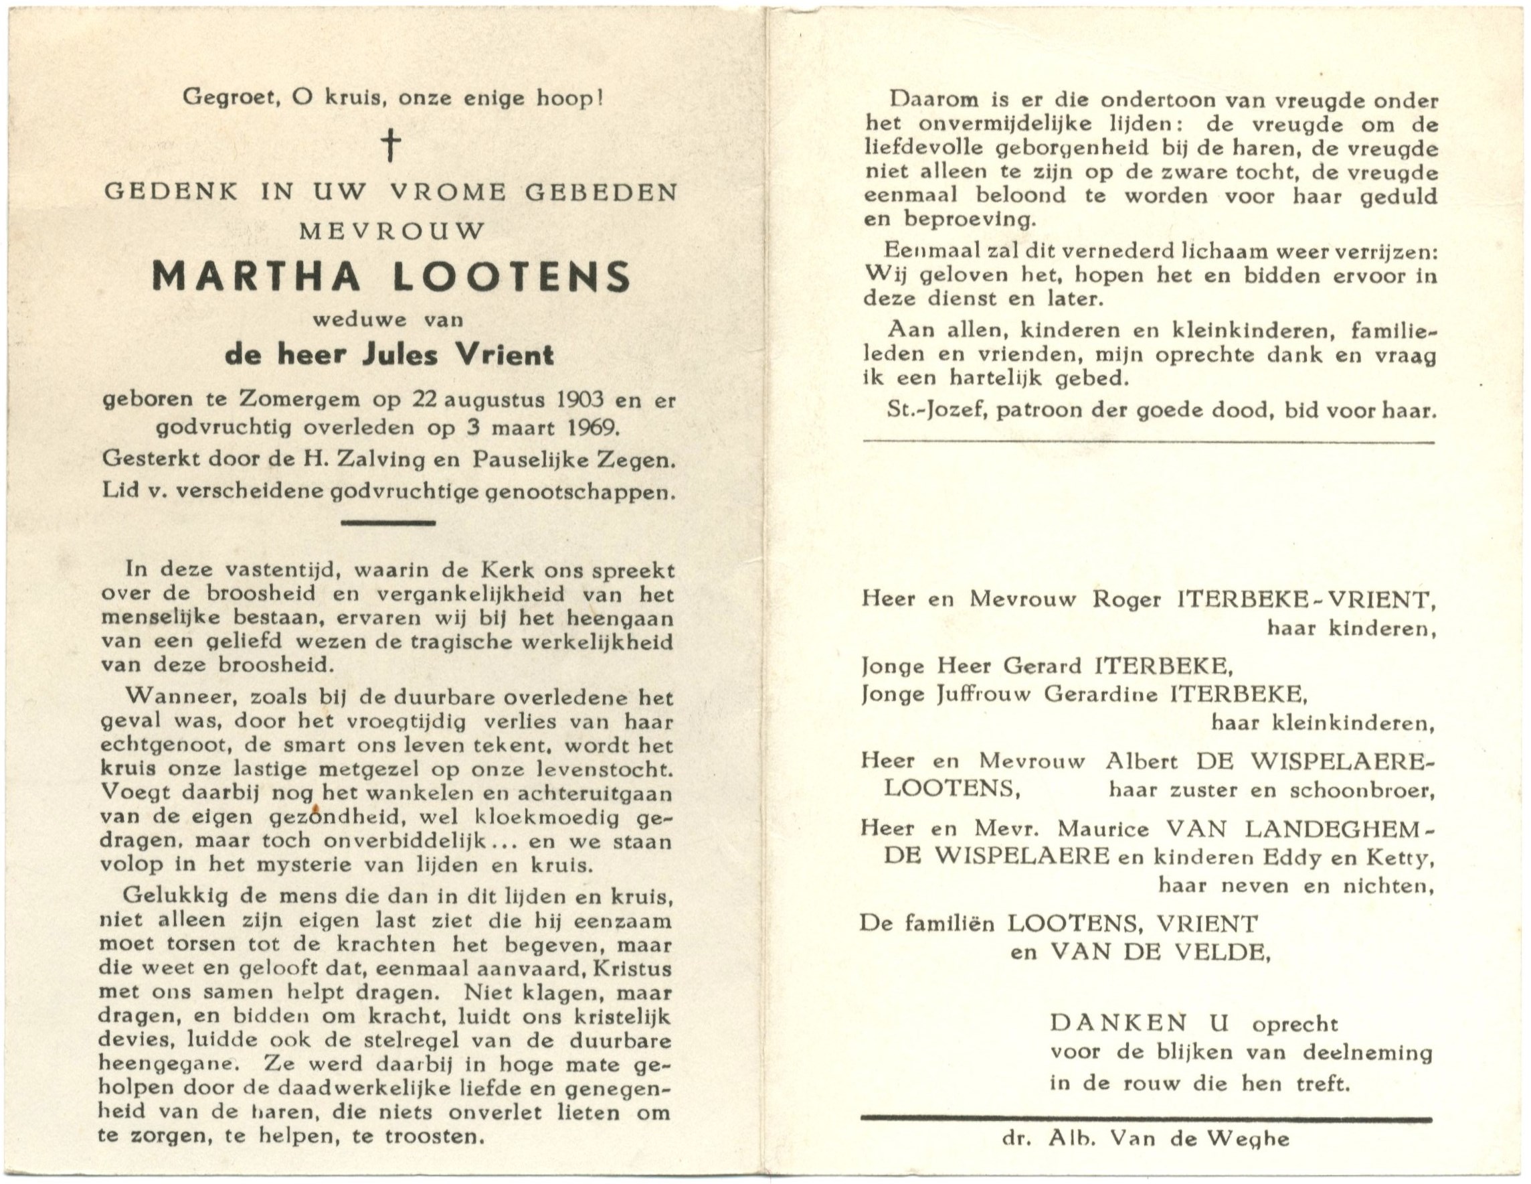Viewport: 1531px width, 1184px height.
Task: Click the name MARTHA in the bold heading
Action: pos(256,277)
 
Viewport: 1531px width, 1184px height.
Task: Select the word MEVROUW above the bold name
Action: pos(392,231)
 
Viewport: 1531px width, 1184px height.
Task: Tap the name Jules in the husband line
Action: pos(400,355)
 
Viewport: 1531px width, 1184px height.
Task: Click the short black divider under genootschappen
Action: pos(387,522)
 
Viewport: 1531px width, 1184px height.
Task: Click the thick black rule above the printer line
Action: pos(1146,1120)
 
